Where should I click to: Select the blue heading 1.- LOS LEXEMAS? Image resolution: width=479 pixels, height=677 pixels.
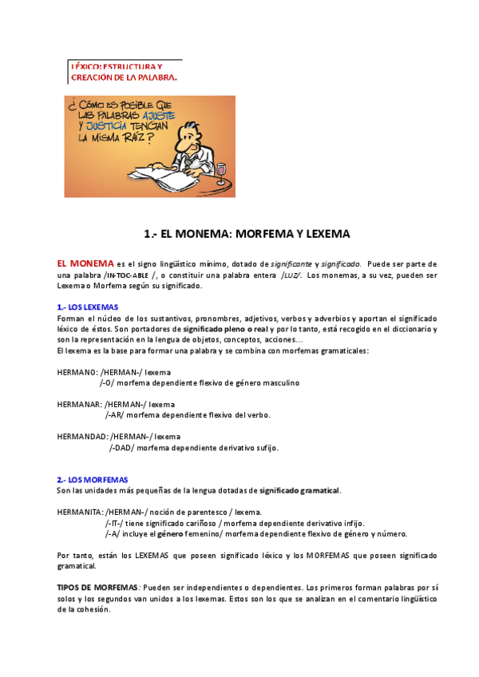coord(88,307)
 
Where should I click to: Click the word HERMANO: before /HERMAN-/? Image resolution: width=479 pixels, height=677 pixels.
coord(77,371)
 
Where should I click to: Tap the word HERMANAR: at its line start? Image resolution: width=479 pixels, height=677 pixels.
coord(80,404)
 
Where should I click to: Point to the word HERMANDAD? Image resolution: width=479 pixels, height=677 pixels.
coord(83,437)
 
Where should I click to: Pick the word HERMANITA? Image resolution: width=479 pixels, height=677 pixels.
coord(80,512)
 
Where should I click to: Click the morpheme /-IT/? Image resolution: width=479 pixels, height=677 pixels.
coord(114,523)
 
